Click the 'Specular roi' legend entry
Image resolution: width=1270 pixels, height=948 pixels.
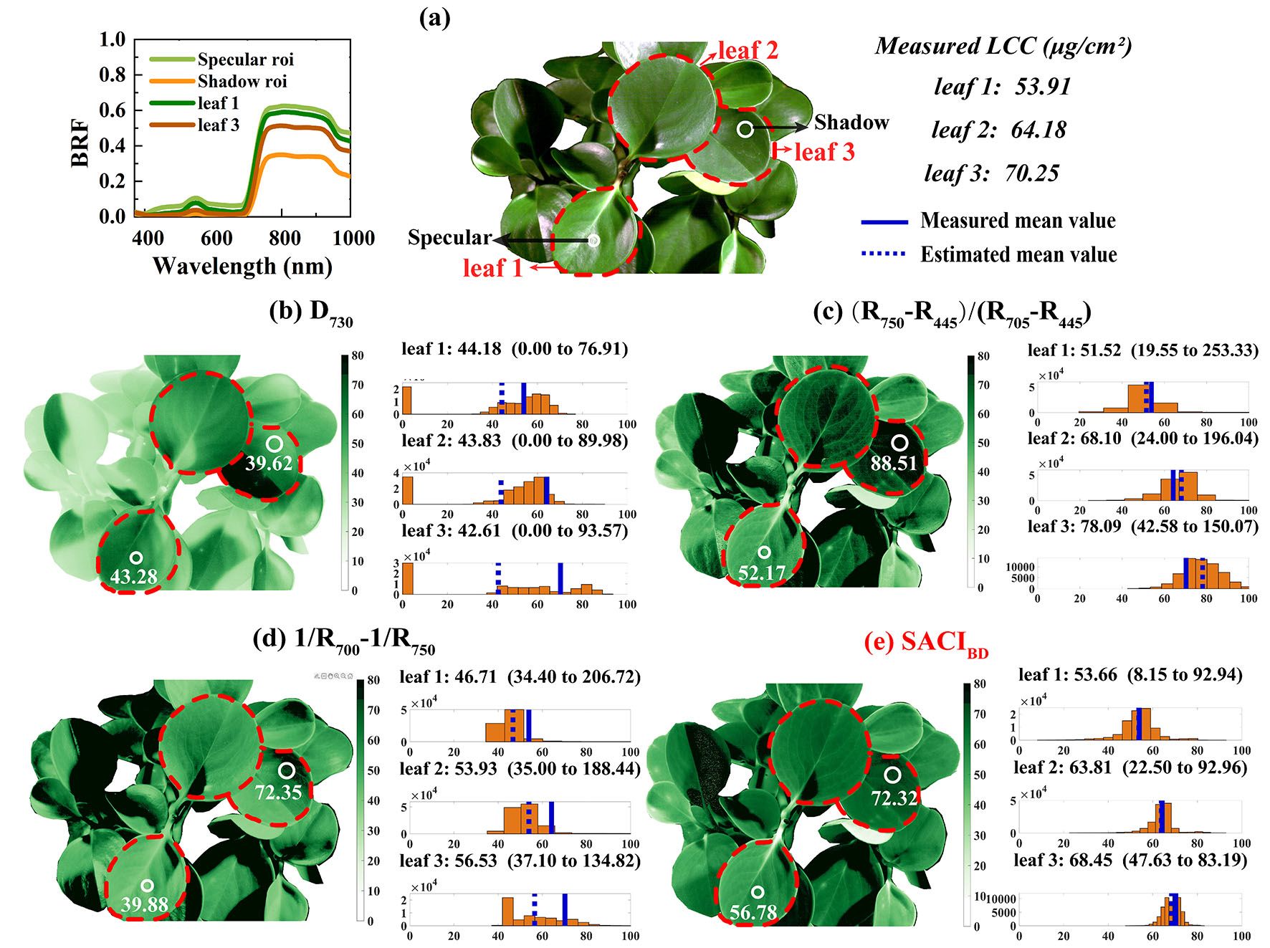coord(245,59)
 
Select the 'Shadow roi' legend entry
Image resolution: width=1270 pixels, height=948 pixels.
coord(242,82)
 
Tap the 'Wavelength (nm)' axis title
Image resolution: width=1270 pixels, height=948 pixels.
coord(242,267)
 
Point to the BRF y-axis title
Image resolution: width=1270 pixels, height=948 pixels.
coord(80,143)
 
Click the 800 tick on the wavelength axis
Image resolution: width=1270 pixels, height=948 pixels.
coord(284,238)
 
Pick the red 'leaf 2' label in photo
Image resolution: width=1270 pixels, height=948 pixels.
coord(748,50)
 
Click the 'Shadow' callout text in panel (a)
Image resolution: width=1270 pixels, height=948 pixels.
coord(851,123)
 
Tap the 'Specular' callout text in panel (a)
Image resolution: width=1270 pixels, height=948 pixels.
coord(449,237)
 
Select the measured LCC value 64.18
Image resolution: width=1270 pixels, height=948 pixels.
coord(1039,130)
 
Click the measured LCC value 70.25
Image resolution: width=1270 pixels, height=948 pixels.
coord(1031,173)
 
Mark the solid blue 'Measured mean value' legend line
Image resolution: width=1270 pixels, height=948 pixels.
coord(884,221)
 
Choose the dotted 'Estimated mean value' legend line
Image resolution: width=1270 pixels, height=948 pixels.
coord(884,254)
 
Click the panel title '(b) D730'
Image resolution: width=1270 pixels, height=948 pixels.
coord(311,312)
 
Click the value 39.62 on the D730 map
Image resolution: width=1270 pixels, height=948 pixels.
coord(269,464)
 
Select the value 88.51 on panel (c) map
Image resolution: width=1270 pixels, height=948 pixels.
coord(894,464)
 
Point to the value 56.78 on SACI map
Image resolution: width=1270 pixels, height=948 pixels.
coord(753,913)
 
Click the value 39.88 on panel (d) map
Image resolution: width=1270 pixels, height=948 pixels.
coord(145,905)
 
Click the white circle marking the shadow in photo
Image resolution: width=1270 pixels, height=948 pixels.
coord(745,130)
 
